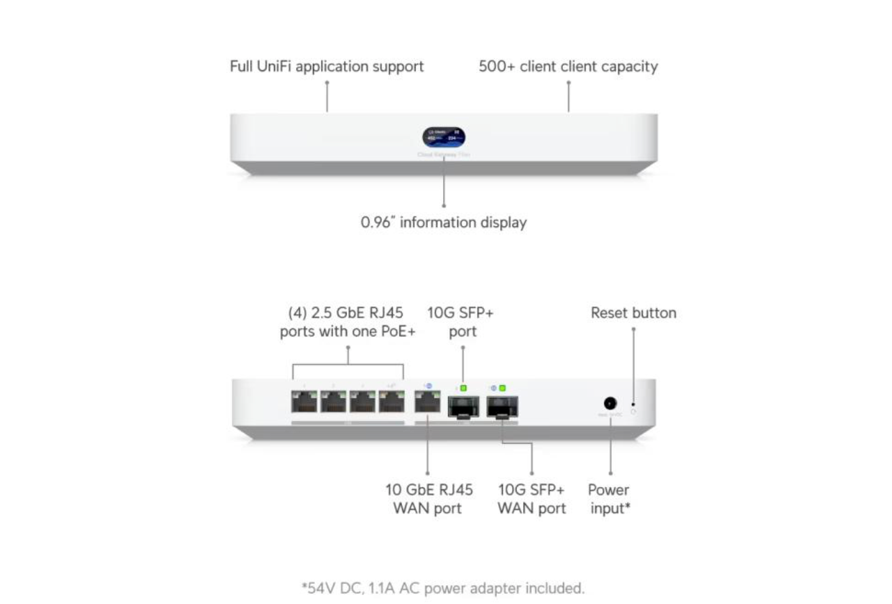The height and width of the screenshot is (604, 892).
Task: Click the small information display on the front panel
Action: tap(444, 138)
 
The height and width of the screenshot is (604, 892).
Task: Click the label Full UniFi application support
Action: tap(326, 66)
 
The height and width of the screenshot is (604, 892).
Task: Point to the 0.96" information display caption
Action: tap(443, 222)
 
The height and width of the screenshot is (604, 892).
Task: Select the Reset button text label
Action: tap(633, 313)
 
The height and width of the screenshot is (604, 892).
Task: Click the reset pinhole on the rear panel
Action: tap(633, 408)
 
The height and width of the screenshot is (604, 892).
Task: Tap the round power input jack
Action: tap(610, 403)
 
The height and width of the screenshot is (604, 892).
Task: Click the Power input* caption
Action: tap(609, 499)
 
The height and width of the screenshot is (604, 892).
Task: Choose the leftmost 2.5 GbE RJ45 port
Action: tap(304, 403)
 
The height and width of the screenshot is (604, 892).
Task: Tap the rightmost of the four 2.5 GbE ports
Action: tap(391, 403)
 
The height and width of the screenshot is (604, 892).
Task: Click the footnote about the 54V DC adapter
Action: tap(443, 587)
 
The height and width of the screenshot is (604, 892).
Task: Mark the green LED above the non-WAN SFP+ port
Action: tap(464, 388)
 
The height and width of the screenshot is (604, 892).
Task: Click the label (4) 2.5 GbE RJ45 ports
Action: tap(347, 322)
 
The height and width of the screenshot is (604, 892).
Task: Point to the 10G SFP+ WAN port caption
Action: tap(531, 499)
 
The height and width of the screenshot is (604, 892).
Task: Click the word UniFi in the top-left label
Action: tap(273, 66)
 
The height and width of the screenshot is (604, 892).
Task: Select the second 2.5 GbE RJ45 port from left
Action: tap(333, 403)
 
